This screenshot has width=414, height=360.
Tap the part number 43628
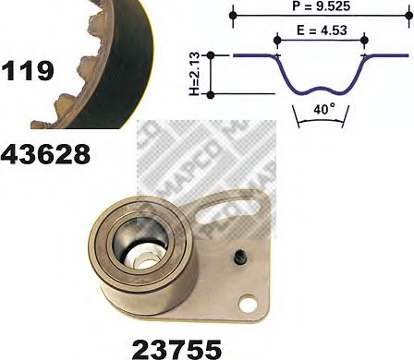45,152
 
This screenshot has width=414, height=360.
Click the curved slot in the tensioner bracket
238,206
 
